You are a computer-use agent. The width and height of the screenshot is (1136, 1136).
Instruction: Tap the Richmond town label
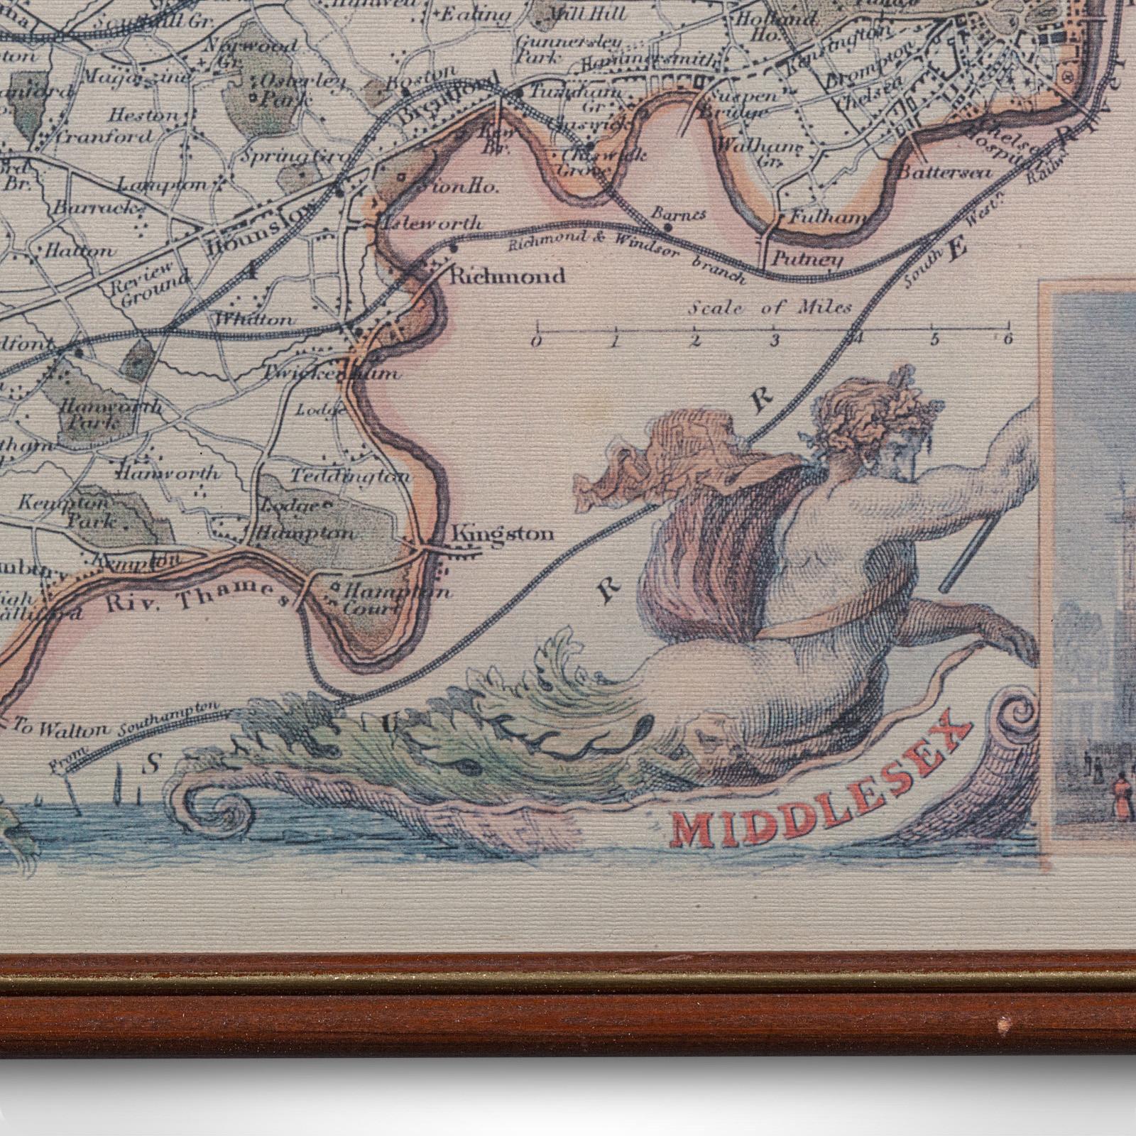click(508, 275)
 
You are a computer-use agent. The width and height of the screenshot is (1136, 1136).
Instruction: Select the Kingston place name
click(503, 534)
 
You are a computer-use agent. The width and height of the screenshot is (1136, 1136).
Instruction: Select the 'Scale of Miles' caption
click(770, 307)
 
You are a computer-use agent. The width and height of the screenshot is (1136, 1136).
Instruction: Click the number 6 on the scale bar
click(1006, 339)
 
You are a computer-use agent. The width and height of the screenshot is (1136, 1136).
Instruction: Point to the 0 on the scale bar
click(538, 341)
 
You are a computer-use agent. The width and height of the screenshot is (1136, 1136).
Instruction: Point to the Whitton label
click(254, 320)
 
